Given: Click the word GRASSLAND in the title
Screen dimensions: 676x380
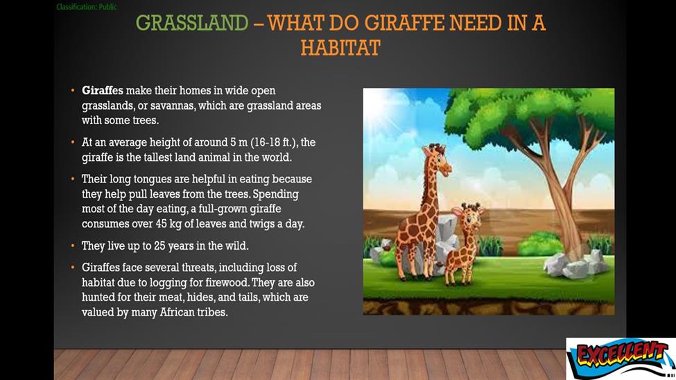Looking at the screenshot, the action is pos(192,23).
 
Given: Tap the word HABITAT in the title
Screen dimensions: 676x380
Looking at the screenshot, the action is pos(340,48).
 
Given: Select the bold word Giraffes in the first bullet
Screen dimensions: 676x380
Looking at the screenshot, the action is pos(103,91).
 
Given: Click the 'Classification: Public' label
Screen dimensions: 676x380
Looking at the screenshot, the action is pos(86,7).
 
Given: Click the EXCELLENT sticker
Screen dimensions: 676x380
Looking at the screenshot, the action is pos(621,359).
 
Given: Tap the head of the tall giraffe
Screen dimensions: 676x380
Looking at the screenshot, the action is pos(437,159).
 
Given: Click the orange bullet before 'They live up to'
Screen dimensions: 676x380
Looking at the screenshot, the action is pos(72,246).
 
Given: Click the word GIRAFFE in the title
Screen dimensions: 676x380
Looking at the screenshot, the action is pos(404,23).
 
